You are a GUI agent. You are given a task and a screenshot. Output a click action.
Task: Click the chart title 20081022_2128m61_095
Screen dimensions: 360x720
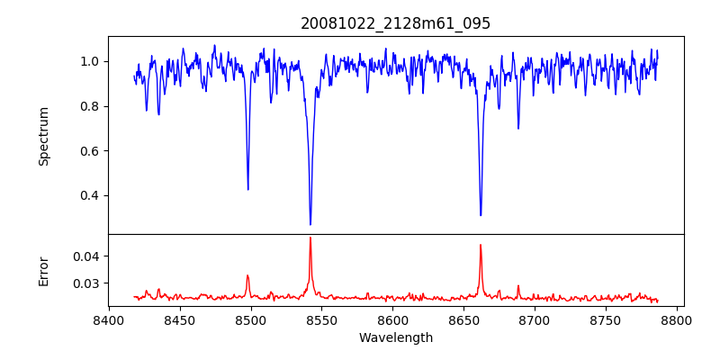coord(396,23)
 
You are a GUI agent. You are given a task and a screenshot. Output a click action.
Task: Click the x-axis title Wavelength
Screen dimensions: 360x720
coord(396,337)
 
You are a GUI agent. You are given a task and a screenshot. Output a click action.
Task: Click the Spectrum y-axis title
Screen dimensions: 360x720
coord(43,136)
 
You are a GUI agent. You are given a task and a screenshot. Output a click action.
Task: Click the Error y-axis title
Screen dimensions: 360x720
coord(43,271)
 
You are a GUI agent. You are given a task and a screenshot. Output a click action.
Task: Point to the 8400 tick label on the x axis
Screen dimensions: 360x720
coord(109,319)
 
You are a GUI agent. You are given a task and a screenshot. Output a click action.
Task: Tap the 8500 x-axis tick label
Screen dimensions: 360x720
coord(251,319)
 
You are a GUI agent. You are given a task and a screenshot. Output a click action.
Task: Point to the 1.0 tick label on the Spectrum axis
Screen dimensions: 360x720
coord(91,61)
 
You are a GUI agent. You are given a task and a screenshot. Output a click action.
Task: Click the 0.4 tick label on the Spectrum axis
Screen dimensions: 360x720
coord(91,195)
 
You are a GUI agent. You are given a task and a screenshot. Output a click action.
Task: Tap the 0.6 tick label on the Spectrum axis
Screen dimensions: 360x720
coord(91,150)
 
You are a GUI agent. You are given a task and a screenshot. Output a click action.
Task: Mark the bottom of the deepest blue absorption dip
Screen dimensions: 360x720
coord(310,224)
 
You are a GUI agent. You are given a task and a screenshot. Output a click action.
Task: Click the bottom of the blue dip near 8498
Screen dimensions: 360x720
coord(248,189)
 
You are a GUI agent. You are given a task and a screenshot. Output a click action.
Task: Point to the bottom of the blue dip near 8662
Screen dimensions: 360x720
coord(481,215)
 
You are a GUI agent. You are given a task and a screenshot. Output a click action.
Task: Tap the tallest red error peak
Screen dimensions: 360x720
coord(310,238)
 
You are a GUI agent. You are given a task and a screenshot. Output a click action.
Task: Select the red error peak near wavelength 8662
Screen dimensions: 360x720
coord(481,245)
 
